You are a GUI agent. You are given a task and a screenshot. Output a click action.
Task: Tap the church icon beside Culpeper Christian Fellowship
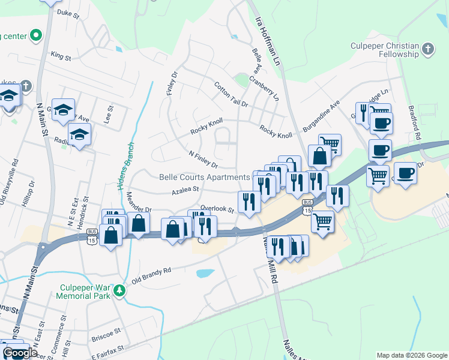tap(427, 48)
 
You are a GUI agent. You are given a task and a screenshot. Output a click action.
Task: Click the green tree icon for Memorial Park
tap(120, 291)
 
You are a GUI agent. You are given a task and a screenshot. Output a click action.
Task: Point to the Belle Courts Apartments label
tap(204, 177)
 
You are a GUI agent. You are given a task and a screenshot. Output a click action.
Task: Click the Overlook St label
tap(217, 209)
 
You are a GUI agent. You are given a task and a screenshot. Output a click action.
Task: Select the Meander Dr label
tap(139, 203)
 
